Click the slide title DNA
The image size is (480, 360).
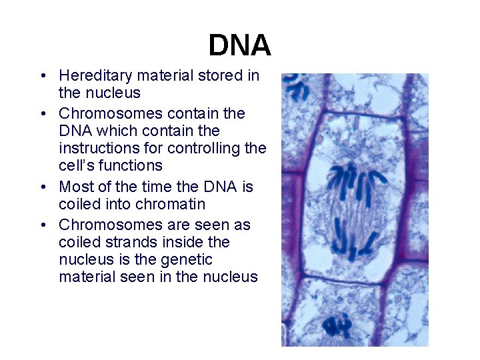(x=239, y=45)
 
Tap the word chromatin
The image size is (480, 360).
(x=168, y=204)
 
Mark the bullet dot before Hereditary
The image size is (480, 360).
(x=42, y=76)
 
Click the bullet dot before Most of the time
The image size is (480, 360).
(x=42, y=187)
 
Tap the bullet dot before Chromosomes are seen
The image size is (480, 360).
(x=42, y=225)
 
